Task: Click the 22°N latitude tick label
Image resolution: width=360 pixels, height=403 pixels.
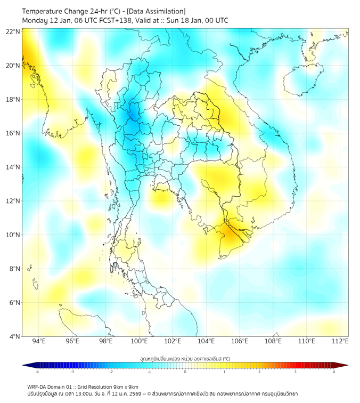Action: tap(13, 31)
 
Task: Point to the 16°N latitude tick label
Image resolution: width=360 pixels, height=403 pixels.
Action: tap(13, 133)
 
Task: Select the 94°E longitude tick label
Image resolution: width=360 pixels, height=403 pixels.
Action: tap(38, 342)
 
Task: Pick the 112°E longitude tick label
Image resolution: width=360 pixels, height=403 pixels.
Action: tap(340, 342)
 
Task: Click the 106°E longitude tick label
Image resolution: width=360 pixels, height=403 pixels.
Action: tap(240, 342)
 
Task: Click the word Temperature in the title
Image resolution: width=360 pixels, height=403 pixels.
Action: tap(45, 11)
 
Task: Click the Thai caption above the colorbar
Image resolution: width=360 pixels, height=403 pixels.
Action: tap(185, 358)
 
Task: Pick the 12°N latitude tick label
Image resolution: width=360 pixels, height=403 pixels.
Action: tap(13, 201)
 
